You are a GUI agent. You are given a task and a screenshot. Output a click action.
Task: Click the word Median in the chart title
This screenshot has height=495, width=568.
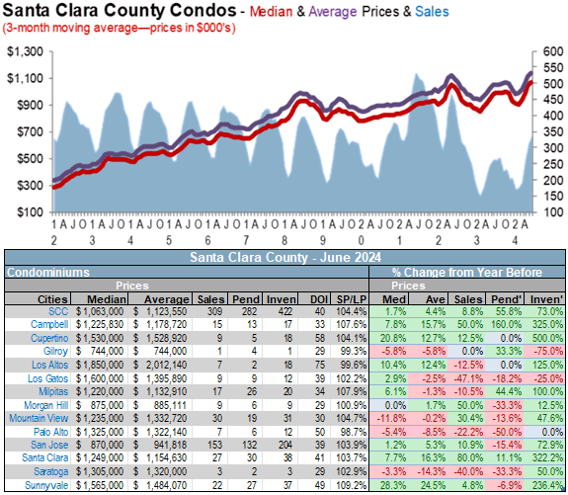coord(272,12)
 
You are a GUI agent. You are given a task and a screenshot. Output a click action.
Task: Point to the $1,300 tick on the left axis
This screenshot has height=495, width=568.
coord(26,51)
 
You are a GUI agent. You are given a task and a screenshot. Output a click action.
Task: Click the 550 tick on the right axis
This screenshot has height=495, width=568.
coord(553,67)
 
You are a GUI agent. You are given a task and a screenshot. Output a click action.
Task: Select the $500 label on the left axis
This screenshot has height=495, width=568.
coord(30,159)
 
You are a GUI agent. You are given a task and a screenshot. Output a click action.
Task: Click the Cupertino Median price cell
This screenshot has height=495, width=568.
coord(100,338)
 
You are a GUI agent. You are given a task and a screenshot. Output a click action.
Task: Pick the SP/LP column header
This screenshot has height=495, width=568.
coord(351,299)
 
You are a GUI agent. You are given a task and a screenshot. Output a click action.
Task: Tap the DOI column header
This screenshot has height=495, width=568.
coord(319,299)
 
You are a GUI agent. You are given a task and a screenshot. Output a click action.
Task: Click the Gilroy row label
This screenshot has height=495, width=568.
coord(55,351)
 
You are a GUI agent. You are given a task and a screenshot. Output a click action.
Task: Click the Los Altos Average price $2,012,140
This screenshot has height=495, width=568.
coord(160,365)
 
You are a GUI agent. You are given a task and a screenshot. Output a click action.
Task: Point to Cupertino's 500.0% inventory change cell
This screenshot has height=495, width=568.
coord(547,338)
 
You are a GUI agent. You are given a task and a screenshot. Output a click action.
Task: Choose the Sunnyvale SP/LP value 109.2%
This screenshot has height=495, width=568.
coord(352,485)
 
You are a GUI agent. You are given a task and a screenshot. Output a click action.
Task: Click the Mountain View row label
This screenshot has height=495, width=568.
coord(39,418)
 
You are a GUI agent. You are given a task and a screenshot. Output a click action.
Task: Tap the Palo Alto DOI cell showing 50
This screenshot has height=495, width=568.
coord(319,432)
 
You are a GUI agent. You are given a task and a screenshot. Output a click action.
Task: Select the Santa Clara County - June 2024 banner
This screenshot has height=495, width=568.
coord(285,257)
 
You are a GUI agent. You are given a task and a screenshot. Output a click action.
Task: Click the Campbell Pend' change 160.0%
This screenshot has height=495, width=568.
coord(507,324)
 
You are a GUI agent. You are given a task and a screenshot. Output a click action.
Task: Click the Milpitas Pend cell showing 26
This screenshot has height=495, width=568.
coord(252,391)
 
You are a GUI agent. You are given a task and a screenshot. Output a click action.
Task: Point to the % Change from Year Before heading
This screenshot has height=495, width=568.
coord(467,272)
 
